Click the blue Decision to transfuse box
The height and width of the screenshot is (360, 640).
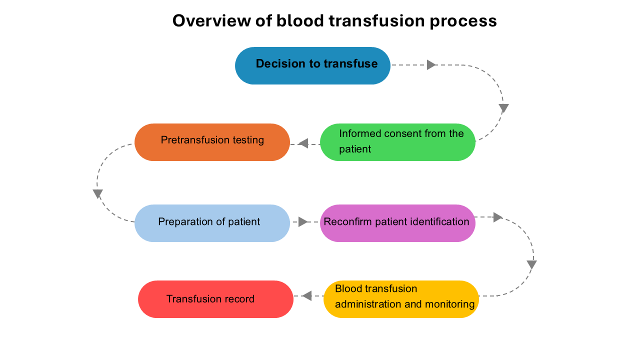[312, 65]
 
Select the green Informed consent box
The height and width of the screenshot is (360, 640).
[397, 142]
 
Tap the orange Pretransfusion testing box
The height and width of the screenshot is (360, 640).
[212, 142]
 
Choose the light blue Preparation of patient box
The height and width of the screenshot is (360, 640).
[212, 223]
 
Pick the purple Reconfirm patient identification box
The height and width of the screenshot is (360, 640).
[397, 223]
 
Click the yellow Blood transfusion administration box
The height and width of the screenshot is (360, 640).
[401, 299]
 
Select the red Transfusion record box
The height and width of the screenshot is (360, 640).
[215, 299]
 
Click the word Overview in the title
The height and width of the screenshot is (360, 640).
[211, 21]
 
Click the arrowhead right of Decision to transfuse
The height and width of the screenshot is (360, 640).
[431, 65]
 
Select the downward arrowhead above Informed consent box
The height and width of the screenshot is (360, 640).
[503, 108]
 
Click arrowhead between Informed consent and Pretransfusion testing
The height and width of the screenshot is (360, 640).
[303, 143]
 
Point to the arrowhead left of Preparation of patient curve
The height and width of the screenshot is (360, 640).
[97, 193]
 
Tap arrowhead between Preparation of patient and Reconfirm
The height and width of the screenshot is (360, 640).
[303, 221]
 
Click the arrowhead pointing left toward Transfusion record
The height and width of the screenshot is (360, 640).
[307, 296]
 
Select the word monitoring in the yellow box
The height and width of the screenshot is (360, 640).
[449, 304]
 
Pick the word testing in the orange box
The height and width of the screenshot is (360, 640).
[248, 140]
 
